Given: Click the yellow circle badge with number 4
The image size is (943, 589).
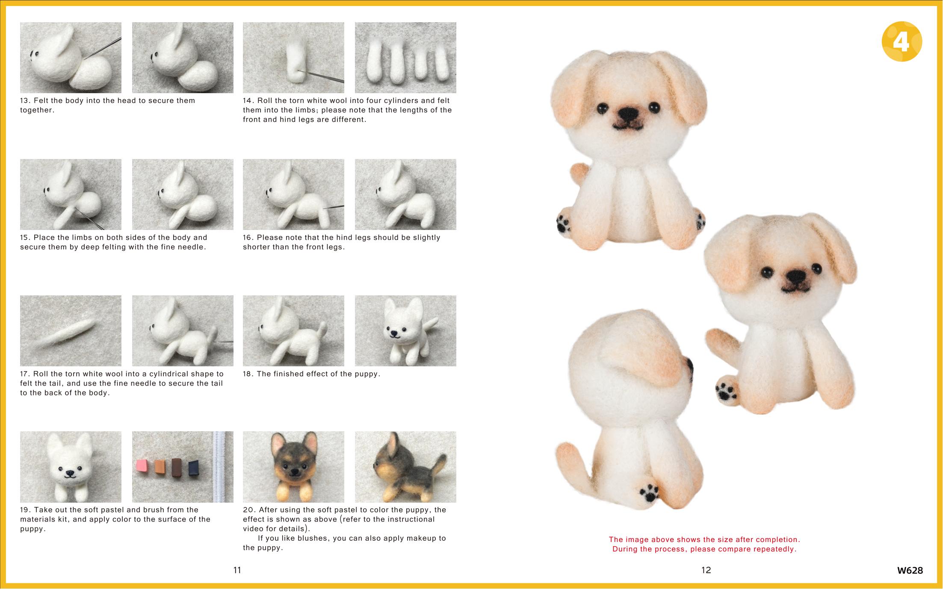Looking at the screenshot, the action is [902, 41].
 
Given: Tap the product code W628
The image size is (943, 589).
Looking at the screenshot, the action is [910, 570].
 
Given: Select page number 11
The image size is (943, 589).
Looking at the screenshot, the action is [237, 570].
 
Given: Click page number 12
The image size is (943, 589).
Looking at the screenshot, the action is [706, 570].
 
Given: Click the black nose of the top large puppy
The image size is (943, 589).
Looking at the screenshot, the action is [629, 113].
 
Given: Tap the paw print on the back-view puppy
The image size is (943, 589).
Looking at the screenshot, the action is [650, 492].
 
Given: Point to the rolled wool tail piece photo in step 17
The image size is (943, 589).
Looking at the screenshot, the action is [71, 331].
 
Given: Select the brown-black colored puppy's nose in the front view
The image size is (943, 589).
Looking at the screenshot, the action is [294, 470].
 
